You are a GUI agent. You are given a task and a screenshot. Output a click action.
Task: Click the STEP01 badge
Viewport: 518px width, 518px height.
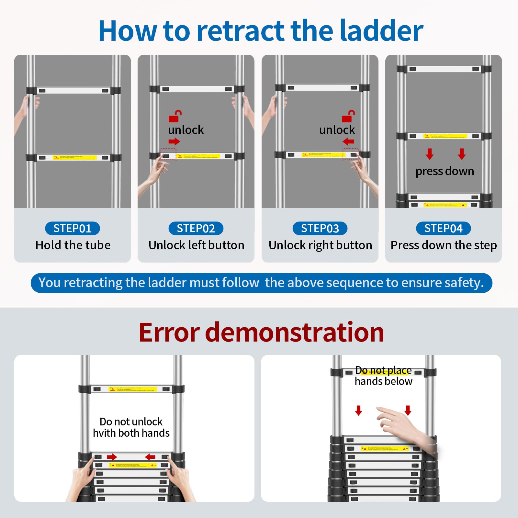[72, 228]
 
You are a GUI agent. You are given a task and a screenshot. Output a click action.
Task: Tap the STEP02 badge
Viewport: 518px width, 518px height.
[196, 228]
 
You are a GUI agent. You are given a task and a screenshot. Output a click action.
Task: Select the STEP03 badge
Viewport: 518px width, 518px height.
[320, 228]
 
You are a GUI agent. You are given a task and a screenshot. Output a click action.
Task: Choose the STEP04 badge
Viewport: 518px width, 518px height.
[443, 228]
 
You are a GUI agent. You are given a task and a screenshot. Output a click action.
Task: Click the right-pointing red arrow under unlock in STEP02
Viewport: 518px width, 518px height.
[174, 141]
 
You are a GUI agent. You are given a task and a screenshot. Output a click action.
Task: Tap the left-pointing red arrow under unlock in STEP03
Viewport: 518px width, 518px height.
[348, 141]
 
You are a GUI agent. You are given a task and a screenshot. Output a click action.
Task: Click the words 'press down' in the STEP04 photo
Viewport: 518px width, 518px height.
[445, 171]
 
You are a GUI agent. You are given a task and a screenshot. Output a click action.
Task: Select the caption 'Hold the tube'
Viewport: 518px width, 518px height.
[73, 245]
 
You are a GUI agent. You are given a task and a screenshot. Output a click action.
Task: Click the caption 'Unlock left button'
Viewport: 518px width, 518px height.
[196, 245]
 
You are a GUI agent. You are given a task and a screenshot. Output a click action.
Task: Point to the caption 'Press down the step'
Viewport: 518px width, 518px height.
[444, 245]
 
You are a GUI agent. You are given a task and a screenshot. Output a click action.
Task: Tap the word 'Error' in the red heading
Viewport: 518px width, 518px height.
[169, 332]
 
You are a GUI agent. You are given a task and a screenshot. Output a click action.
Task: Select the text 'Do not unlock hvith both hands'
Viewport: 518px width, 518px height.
[131, 427]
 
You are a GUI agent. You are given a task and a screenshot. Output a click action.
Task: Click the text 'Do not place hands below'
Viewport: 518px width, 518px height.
[383, 376]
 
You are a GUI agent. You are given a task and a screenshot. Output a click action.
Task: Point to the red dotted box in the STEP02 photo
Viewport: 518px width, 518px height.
[168, 154]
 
